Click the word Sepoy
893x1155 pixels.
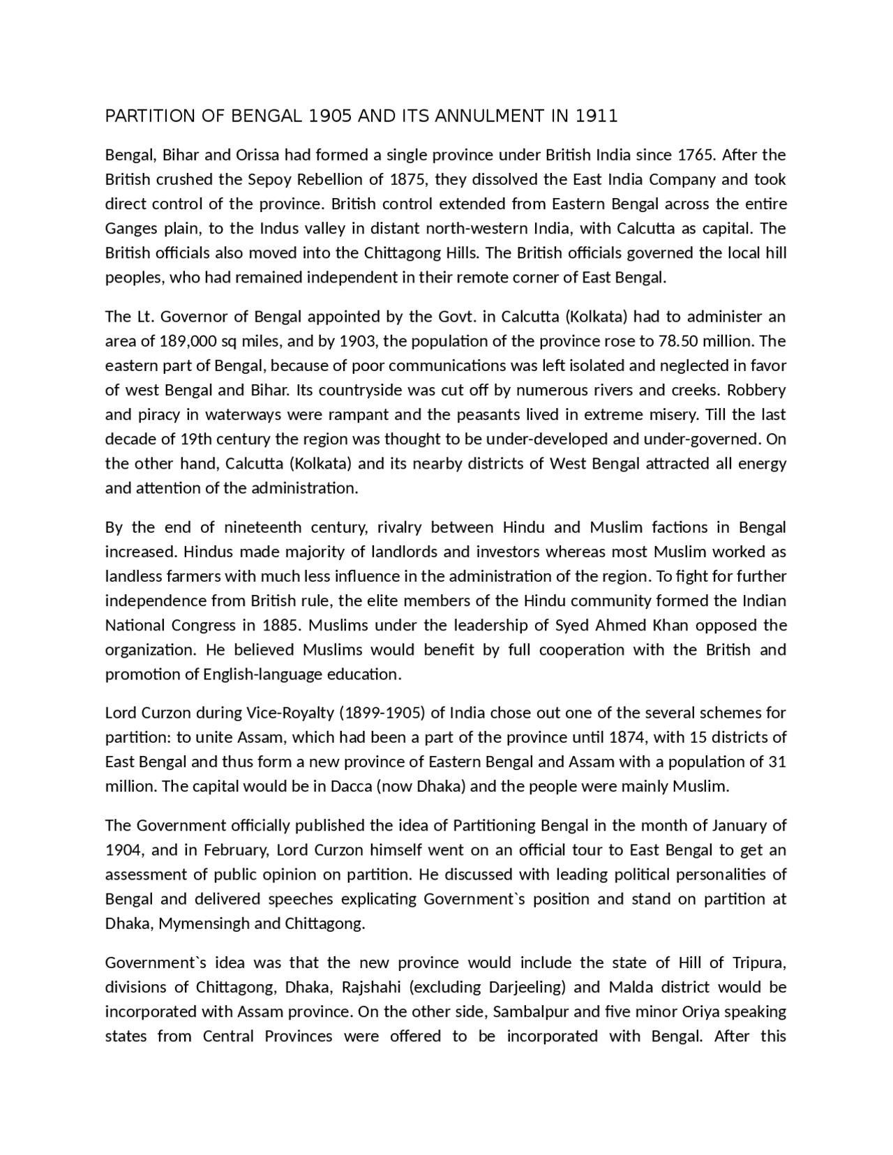point(270,179)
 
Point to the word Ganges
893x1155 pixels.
point(129,229)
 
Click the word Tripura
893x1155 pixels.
point(759,963)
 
